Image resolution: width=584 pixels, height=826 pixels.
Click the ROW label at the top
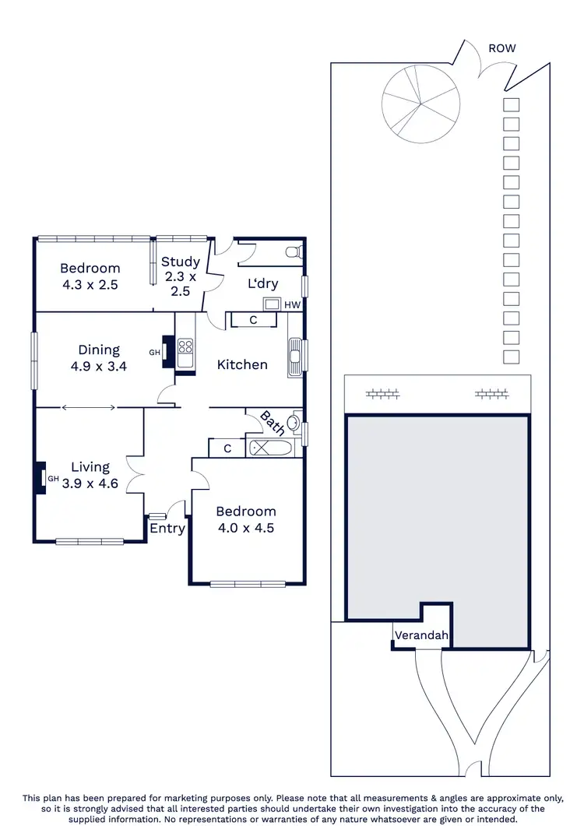tap(501, 48)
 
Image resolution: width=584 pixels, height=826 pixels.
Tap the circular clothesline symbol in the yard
tap(421, 104)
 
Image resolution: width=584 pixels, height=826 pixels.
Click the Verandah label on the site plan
tap(421, 635)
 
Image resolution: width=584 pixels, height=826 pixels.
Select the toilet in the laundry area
tap(293, 252)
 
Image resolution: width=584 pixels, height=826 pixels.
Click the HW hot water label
tap(292, 304)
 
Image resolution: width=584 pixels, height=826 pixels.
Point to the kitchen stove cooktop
tap(186, 353)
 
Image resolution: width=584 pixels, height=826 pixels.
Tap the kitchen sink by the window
tap(294, 358)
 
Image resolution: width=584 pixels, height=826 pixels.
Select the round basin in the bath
tap(293, 424)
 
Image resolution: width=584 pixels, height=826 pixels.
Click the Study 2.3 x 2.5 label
tap(181, 276)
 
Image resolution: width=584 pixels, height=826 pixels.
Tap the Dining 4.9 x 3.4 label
tap(99, 357)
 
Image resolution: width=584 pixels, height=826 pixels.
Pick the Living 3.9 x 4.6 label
tap(90, 474)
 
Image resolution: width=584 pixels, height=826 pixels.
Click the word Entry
tap(167, 529)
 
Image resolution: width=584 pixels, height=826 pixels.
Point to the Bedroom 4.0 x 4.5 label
tap(246, 519)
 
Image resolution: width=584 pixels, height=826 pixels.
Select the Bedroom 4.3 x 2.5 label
tap(90, 276)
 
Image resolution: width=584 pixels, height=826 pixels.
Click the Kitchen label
tap(242, 364)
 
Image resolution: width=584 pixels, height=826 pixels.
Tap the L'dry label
tap(263, 284)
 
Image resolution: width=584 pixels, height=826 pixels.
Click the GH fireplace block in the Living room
tap(38, 478)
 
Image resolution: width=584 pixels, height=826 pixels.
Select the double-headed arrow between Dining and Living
tap(90, 407)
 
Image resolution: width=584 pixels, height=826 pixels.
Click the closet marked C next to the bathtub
tap(227, 448)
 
